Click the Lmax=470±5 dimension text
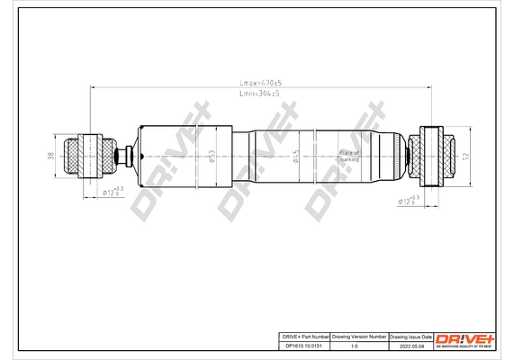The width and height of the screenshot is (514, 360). click(257, 83)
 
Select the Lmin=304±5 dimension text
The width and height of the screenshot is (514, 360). click(257, 94)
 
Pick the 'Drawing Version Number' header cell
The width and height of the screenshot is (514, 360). click(360, 336)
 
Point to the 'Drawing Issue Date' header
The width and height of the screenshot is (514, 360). click(409, 336)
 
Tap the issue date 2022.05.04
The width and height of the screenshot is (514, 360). click(409, 345)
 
